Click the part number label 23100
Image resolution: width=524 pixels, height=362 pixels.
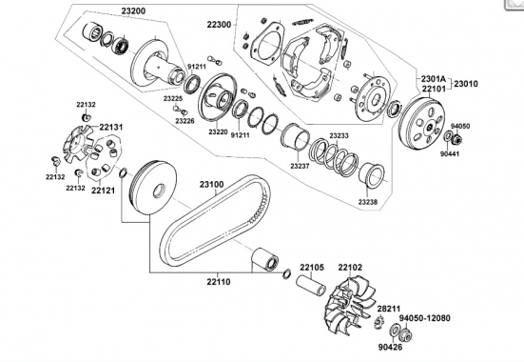tap(212, 185)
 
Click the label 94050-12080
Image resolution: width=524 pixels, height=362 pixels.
tap(425, 318)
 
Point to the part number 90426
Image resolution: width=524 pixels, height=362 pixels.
tap(390, 348)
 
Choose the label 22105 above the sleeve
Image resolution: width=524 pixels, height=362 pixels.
tap(312, 268)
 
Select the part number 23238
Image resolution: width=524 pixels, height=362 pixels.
tap(368, 202)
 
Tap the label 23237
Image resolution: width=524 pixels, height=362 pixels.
tap(300, 166)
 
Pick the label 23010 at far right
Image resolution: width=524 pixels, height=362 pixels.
tap(466, 84)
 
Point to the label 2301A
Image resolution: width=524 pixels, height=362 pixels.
tap(433, 79)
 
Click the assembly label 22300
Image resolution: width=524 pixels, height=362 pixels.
tap(219, 25)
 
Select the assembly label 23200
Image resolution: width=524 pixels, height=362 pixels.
tap(133, 11)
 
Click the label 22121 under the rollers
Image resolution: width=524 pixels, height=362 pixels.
tap(104, 191)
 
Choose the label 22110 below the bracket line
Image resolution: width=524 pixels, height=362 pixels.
tap(219, 282)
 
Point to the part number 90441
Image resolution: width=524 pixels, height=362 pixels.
tap(450, 154)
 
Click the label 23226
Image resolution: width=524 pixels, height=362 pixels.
tap(184, 121)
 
